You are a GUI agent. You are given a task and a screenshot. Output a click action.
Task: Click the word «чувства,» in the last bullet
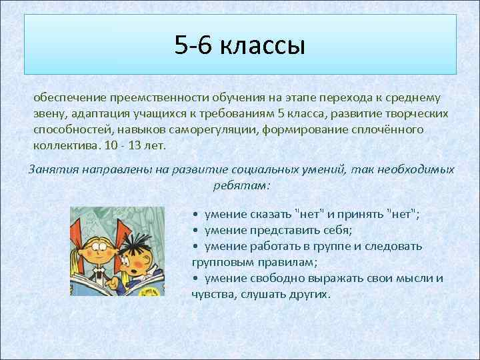[x=211, y=293]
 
